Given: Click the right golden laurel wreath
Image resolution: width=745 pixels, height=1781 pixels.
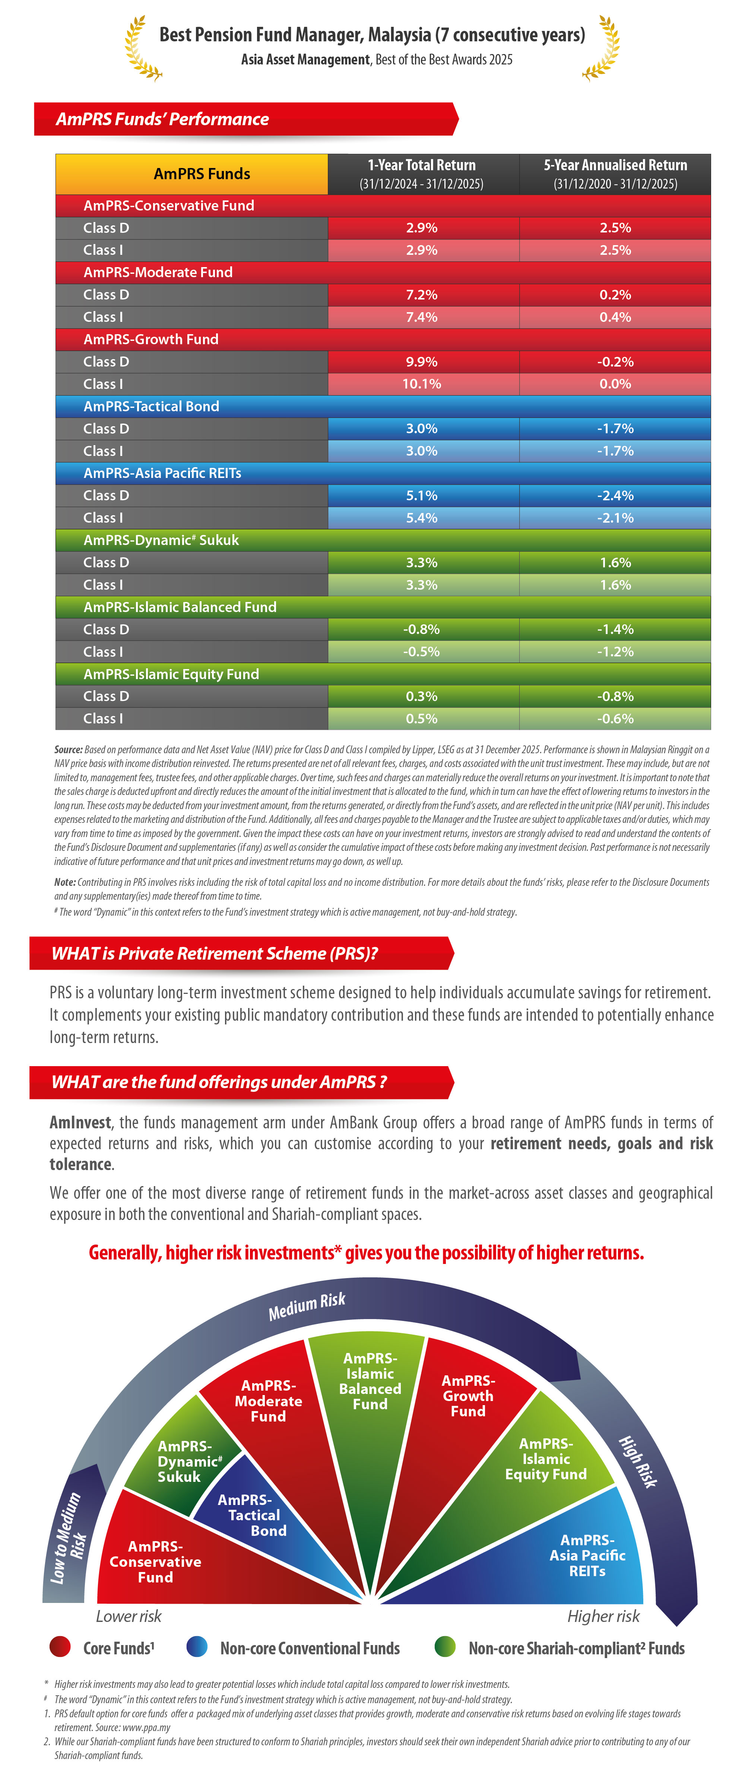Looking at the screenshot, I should (601, 48).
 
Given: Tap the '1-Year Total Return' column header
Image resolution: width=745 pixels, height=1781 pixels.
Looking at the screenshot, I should (422, 174).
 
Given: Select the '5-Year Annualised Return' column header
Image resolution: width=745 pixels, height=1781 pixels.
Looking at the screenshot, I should (615, 174).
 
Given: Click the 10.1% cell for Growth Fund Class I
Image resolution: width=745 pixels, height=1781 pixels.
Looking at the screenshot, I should (422, 384).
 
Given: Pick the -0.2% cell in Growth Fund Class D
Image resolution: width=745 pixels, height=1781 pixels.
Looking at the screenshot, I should (615, 362).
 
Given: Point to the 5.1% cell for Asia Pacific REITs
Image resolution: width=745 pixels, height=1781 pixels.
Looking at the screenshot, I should (422, 495).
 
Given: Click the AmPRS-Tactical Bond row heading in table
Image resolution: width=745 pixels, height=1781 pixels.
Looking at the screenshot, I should (151, 406).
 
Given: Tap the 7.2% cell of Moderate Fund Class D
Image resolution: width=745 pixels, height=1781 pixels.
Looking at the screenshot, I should (422, 295).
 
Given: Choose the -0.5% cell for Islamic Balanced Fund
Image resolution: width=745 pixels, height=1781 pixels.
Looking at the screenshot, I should (422, 651).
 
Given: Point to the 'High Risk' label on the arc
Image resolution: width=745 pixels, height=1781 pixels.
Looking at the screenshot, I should (637, 1461).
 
